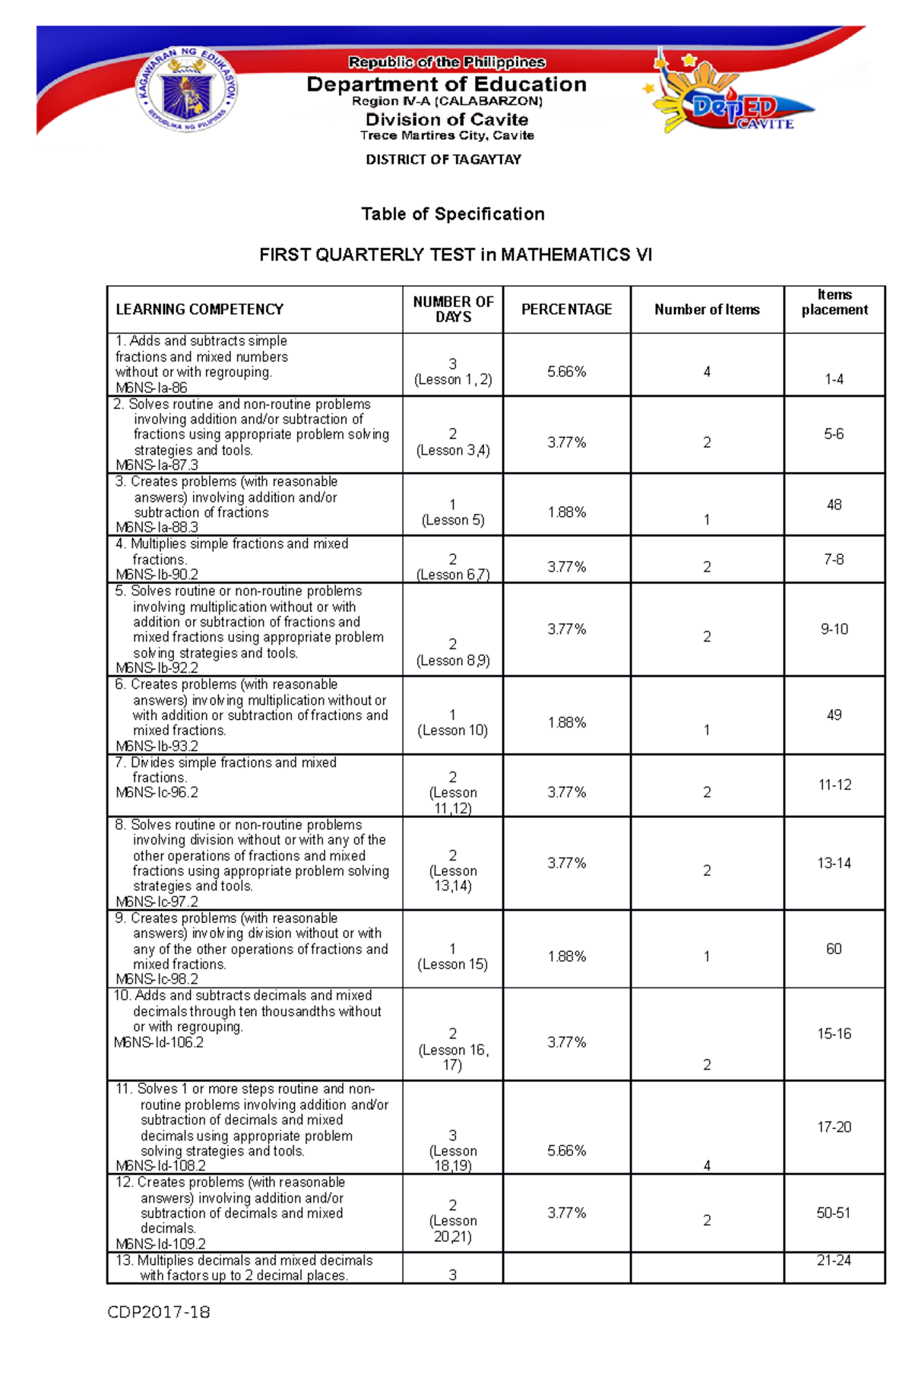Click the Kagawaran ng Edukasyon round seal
[x=187, y=91]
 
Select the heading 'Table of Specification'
[x=453, y=214]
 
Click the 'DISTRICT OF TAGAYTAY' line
[x=443, y=160]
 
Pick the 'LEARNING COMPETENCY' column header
[x=199, y=309]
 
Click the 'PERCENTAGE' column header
[x=566, y=309]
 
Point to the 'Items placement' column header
[x=834, y=303]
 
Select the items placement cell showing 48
[x=834, y=505]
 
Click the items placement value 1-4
[x=834, y=379]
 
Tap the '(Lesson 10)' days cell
[x=452, y=730]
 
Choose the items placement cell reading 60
[x=834, y=949]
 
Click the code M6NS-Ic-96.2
[x=157, y=792]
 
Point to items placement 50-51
[x=834, y=1213]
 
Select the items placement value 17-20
[x=834, y=1127]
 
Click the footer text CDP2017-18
[x=159, y=1312]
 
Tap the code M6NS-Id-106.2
[x=159, y=1042]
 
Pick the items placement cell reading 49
[x=834, y=715]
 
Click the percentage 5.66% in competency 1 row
[x=566, y=372]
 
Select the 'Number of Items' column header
[x=707, y=309]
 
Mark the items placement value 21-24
[x=834, y=1260]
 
